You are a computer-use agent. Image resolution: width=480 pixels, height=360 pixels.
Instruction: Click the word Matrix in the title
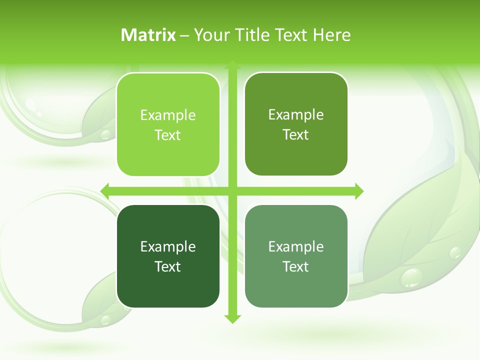(x=148, y=35)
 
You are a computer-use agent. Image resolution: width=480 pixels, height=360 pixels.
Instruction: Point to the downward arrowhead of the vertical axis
(x=232, y=318)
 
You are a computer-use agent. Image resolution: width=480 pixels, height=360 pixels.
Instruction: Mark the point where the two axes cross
(x=232, y=191)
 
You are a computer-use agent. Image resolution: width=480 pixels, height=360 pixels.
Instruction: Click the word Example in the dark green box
(x=168, y=247)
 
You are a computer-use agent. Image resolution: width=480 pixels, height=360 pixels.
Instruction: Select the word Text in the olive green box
(x=296, y=135)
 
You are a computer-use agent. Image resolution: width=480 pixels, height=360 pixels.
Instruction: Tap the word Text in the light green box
(x=168, y=135)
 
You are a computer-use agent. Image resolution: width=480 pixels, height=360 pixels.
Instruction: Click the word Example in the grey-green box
(x=296, y=247)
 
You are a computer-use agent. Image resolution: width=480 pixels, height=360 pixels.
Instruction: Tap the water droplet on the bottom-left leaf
(x=105, y=319)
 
